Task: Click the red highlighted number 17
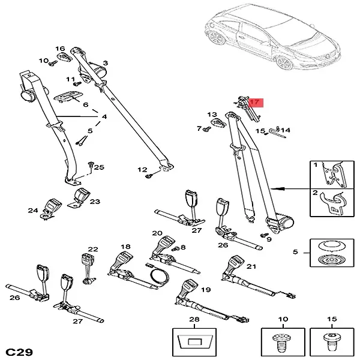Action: pos(254,103)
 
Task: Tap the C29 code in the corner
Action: pos(19,350)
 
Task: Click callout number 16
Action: pos(60,49)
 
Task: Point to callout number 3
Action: pos(105,63)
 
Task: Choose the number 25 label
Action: pos(99,167)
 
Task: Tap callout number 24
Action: pos(34,210)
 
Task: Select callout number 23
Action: pos(95,202)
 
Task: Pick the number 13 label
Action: pos(211,115)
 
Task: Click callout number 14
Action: pos(286,130)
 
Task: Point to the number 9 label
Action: pos(269,239)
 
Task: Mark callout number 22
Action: pos(92,249)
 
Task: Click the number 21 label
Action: pos(251,266)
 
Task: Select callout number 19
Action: pos(206,289)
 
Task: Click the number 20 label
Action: pos(157,233)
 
